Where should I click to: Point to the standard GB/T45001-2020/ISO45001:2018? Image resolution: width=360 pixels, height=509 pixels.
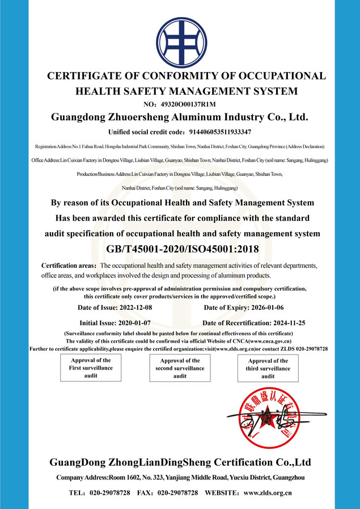pyautogui.click(x=179, y=249)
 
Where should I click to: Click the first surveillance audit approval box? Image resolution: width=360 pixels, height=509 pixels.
pyautogui.click(x=91, y=368)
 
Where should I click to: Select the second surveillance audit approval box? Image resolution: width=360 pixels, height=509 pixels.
pyautogui.click(x=180, y=368)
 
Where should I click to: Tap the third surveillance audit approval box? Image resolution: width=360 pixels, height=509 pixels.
pyautogui.click(x=268, y=368)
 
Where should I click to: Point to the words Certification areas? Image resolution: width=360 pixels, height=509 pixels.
pyautogui.click(x=68, y=266)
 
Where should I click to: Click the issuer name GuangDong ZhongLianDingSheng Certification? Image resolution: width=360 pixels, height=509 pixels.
pyautogui.click(x=180, y=462)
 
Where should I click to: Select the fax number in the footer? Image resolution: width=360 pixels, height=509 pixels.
pyautogui.click(x=177, y=493)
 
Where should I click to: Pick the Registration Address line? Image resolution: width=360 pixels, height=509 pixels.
pyautogui.click(x=180, y=146)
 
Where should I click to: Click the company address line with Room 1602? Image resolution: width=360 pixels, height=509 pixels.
pyautogui.click(x=180, y=478)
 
